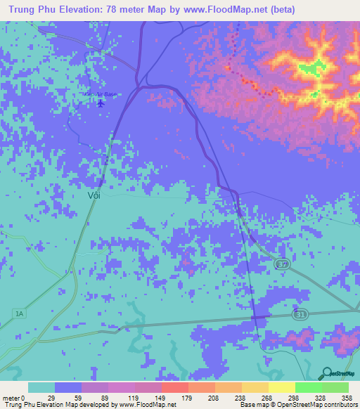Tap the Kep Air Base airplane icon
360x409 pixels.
coord(101,103)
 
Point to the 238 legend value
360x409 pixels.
coord(233,397)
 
